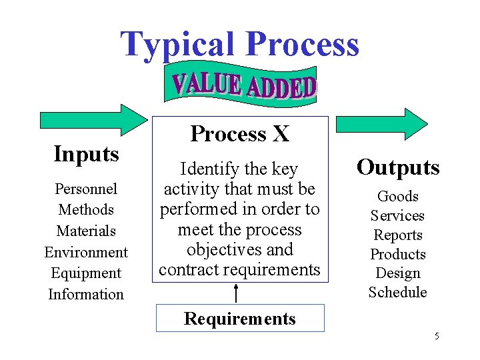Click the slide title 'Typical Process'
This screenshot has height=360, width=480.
click(x=239, y=44)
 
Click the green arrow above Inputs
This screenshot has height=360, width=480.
click(x=94, y=119)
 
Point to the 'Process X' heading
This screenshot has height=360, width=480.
click(x=239, y=134)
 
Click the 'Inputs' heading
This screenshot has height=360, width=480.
click(x=86, y=154)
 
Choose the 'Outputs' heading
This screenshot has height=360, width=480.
click(x=398, y=167)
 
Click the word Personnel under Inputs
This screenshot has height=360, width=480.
click(x=86, y=189)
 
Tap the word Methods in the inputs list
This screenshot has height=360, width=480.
click(x=86, y=209)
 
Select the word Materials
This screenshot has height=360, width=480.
click(x=86, y=231)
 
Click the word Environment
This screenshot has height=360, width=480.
click(x=86, y=252)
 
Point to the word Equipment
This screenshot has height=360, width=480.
click(x=86, y=273)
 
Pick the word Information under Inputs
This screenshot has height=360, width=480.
click(x=86, y=294)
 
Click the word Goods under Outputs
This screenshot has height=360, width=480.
click(x=398, y=196)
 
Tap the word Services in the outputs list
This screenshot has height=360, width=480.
click(x=398, y=215)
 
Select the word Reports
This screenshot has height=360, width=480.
click(x=398, y=235)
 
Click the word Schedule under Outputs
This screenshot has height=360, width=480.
click(x=398, y=292)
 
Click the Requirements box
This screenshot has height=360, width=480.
click(x=240, y=318)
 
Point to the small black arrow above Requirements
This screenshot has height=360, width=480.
click(x=237, y=292)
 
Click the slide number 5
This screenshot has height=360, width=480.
click(x=437, y=336)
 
